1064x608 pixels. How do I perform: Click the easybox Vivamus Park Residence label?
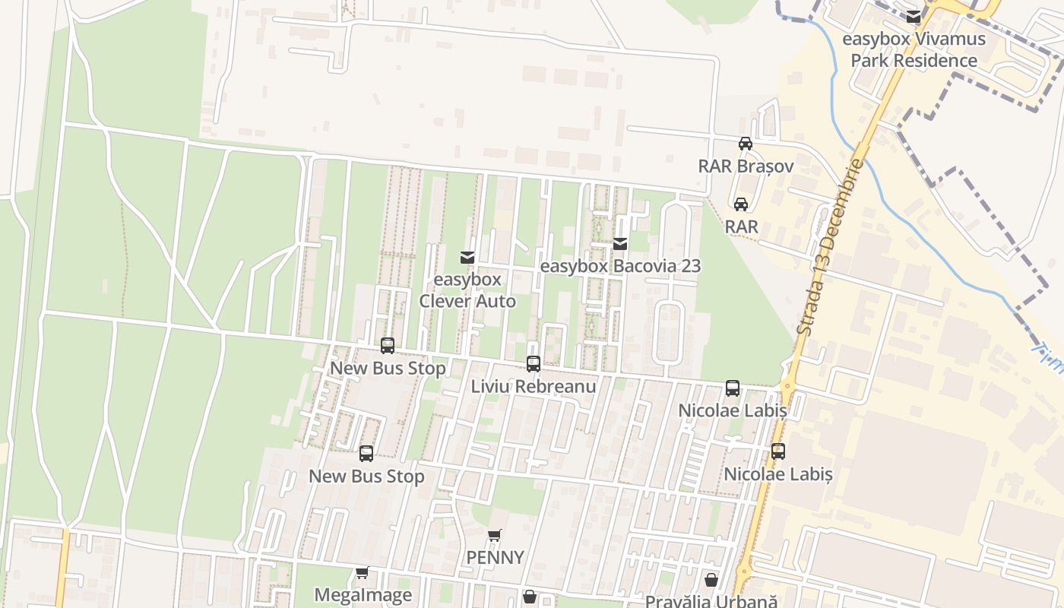click(x=914, y=49)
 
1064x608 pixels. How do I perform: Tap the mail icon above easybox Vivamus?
click(x=914, y=16)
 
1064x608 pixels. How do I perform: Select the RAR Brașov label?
click(x=746, y=166)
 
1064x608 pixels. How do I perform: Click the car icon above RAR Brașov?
click(x=746, y=144)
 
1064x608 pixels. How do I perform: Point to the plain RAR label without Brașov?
click(x=741, y=226)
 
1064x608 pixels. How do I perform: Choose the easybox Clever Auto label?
click(x=467, y=290)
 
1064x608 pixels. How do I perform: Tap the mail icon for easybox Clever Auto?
click(x=467, y=258)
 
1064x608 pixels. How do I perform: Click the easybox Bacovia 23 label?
click(x=620, y=266)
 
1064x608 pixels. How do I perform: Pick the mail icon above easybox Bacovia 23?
click(x=620, y=244)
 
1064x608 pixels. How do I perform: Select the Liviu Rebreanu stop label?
click(x=533, y=386)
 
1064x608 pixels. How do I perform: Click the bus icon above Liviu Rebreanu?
click(x=533, y=364)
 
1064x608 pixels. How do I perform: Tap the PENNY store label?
click(x=495, y=557)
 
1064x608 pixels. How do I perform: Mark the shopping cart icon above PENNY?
click(x=495, y=535)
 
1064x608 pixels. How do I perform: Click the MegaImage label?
click(x=363, y=594)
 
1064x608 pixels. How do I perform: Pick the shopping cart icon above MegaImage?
click(x=363, y=572)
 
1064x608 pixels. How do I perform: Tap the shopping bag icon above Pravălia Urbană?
click(x=711, y=580)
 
